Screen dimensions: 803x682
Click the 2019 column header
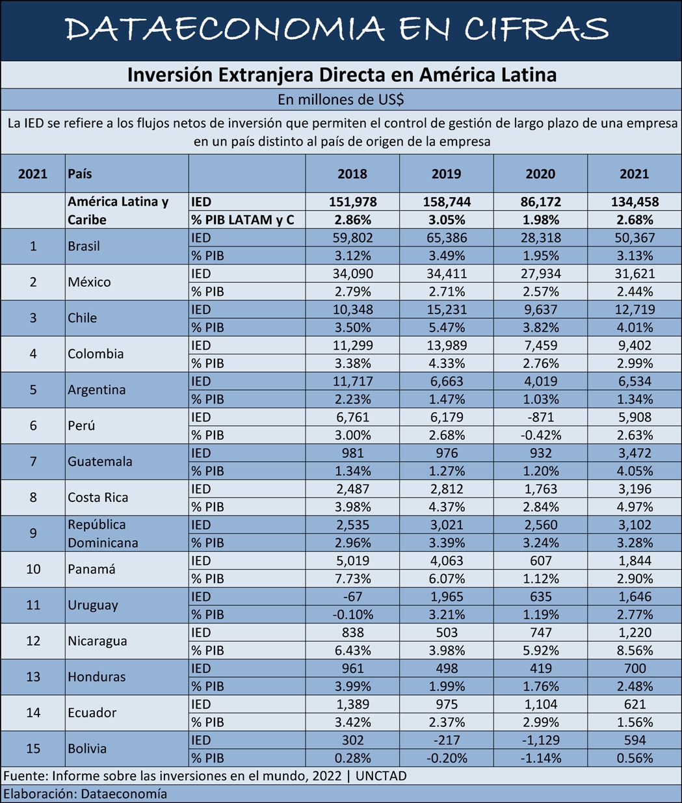tap(446, 174)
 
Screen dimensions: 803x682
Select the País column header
tap(80, 174)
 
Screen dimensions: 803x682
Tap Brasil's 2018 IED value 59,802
tap(352, 238)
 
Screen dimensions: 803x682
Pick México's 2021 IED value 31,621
tap(634, 274)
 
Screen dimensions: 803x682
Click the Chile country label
tap(83, 318)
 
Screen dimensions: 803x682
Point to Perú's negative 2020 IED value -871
tap(540, 417)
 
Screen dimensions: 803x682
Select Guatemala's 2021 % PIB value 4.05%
tap(634, 471)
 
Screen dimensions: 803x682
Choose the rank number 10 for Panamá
tap(33, 570)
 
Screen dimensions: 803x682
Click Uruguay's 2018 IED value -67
tap(352, 597)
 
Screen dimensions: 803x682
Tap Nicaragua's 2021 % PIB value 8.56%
tap(634, 650)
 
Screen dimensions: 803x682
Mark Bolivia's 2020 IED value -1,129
tap(540, 740)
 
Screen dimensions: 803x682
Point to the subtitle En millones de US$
tap(341, 99)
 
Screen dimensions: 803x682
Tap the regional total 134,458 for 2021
tap(634, 202)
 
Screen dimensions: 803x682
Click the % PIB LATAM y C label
tap(243, 220)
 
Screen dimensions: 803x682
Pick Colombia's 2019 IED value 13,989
tap(446, 346)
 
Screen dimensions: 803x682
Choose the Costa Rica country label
tap(98, 497)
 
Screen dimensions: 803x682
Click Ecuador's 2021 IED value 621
tap(634, 704)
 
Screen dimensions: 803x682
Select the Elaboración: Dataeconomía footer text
tap(85, 794)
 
